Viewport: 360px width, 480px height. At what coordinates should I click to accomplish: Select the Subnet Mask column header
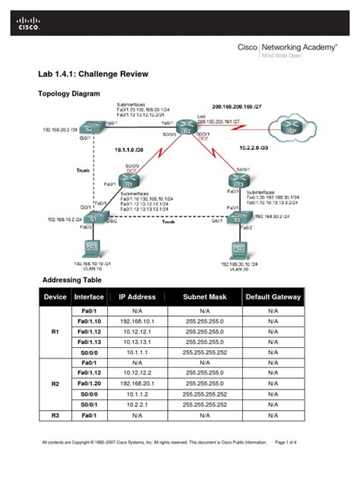click(204, 297)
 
